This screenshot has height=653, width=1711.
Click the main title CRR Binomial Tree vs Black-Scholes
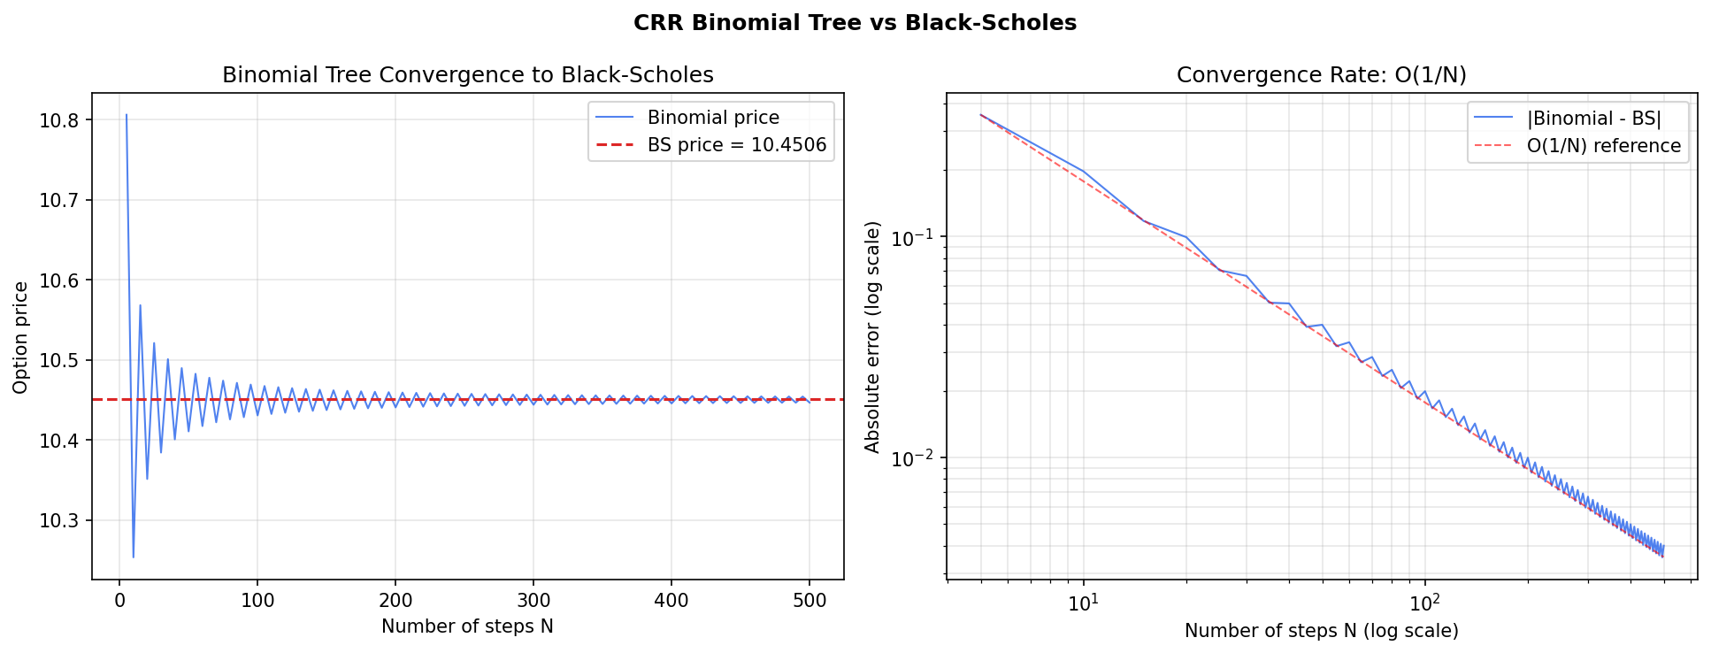[855, 23]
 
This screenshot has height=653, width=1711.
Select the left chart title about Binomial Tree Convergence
[467, 75]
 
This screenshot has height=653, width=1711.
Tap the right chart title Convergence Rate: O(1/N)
[1321, 75]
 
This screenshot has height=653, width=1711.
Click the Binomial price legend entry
[712, 118]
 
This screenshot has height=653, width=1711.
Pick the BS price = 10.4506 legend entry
[736, 145]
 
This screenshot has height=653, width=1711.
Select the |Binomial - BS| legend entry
[1594, 119]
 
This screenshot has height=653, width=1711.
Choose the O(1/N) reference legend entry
[1603, 146]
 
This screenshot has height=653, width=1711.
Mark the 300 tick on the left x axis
[533, 602]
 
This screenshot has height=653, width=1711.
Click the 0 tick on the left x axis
[119, 602]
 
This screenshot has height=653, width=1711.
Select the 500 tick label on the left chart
[809, 602]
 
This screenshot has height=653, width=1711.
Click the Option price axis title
[21, 337]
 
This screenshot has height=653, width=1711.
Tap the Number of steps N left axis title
[467, 627]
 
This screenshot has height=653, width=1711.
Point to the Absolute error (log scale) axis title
[873, 337]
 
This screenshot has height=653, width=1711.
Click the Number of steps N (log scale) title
[1321, 631]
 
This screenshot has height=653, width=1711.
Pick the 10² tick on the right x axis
[1423, 604]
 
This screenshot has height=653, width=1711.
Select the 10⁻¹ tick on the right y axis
[911, 238]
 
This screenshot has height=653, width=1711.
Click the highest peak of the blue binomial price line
[127, 115]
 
